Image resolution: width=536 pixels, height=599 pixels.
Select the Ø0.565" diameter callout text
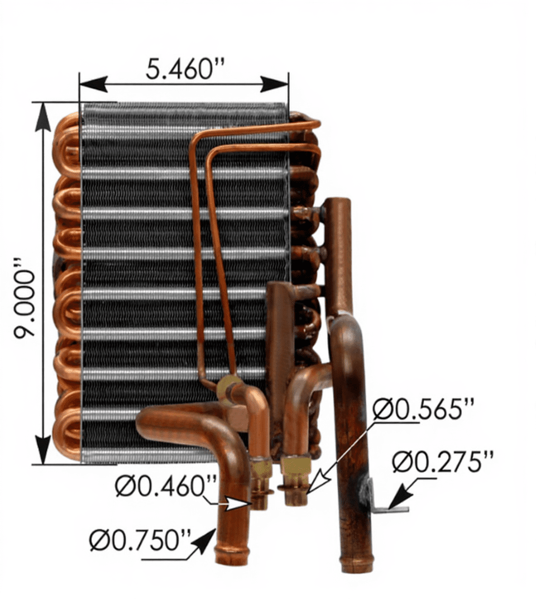pos(423,410)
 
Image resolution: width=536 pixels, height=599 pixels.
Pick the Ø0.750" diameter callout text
pos(140,540)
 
